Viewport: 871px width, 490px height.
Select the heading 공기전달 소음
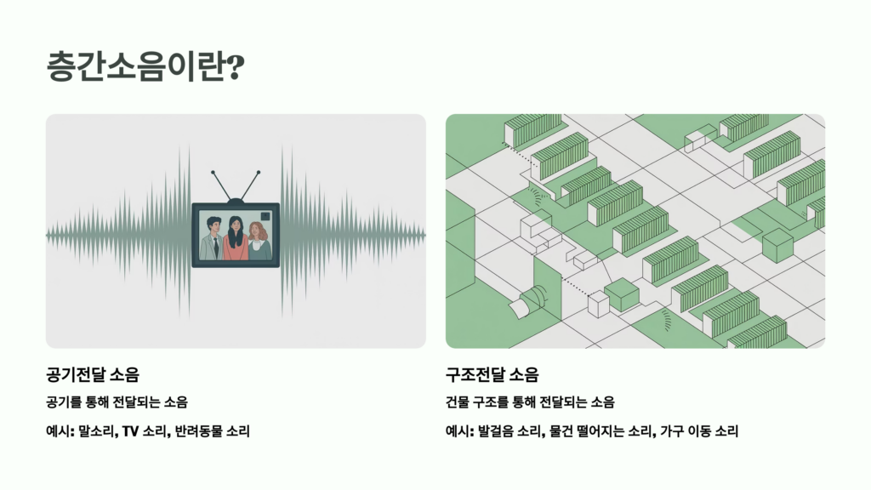tap(93, 374)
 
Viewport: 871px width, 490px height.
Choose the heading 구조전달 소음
tap(492, 374)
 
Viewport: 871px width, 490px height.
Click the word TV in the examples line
tap(129, 431)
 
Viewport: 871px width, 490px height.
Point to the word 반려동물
tap(198, 431)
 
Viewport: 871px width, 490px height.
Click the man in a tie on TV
tap(213, 239)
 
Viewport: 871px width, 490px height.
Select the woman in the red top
tap(236, 241)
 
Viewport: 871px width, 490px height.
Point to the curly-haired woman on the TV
tap(259, 241)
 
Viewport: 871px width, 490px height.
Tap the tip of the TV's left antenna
tap(213, 173)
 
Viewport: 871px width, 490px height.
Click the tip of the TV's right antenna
tap(259, 173)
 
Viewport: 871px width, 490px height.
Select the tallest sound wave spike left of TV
tap(180, 231)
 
